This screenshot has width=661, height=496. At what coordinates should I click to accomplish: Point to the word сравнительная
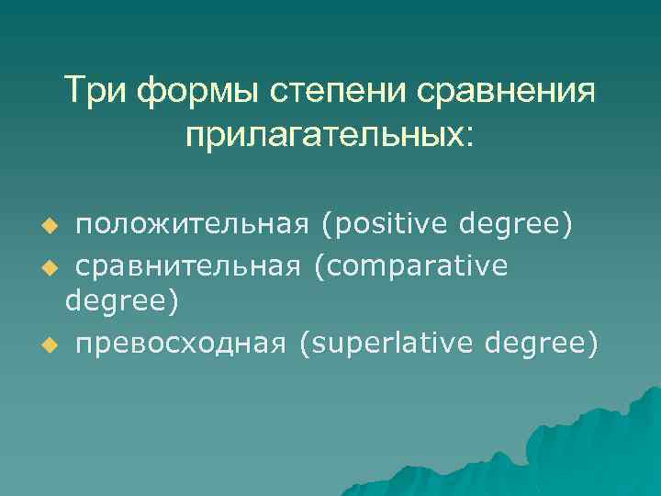tap(187, 266)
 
